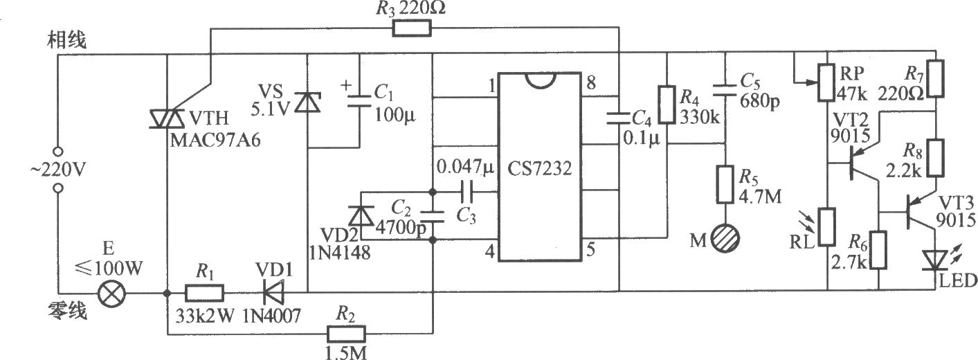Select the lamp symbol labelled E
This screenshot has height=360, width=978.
click(x=111, y=293)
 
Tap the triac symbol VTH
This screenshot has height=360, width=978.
click(x=167, y=118)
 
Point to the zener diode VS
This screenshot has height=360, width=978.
click(x=307, y=102)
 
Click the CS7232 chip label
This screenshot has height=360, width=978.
click(x=539, y=168)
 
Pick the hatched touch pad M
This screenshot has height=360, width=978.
click(x=725, y=239)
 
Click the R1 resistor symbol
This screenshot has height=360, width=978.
click(x=204, y=293)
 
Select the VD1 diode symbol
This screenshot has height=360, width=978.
click(x=273, y=293)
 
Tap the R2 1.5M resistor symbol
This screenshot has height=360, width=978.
click(x=346, y=334)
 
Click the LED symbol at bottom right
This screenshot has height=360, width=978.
click(x=935, y=260)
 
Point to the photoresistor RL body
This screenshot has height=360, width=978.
click(x=827, y=227)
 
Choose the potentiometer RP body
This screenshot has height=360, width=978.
click(x=827, y=82)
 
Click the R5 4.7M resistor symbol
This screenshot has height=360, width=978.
click(x=725, y=184)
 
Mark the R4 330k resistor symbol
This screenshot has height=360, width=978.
click(x=667, y=105)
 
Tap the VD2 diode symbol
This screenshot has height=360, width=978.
click(x=361, y=215)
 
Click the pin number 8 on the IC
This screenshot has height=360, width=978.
click(x=591, y=82)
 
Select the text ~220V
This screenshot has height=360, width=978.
click(x=58, y=170)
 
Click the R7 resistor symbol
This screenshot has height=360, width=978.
click(x=936, y=79)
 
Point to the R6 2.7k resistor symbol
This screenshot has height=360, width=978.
click(x=878, y=250)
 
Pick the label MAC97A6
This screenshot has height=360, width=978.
click(x=215, y=140)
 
